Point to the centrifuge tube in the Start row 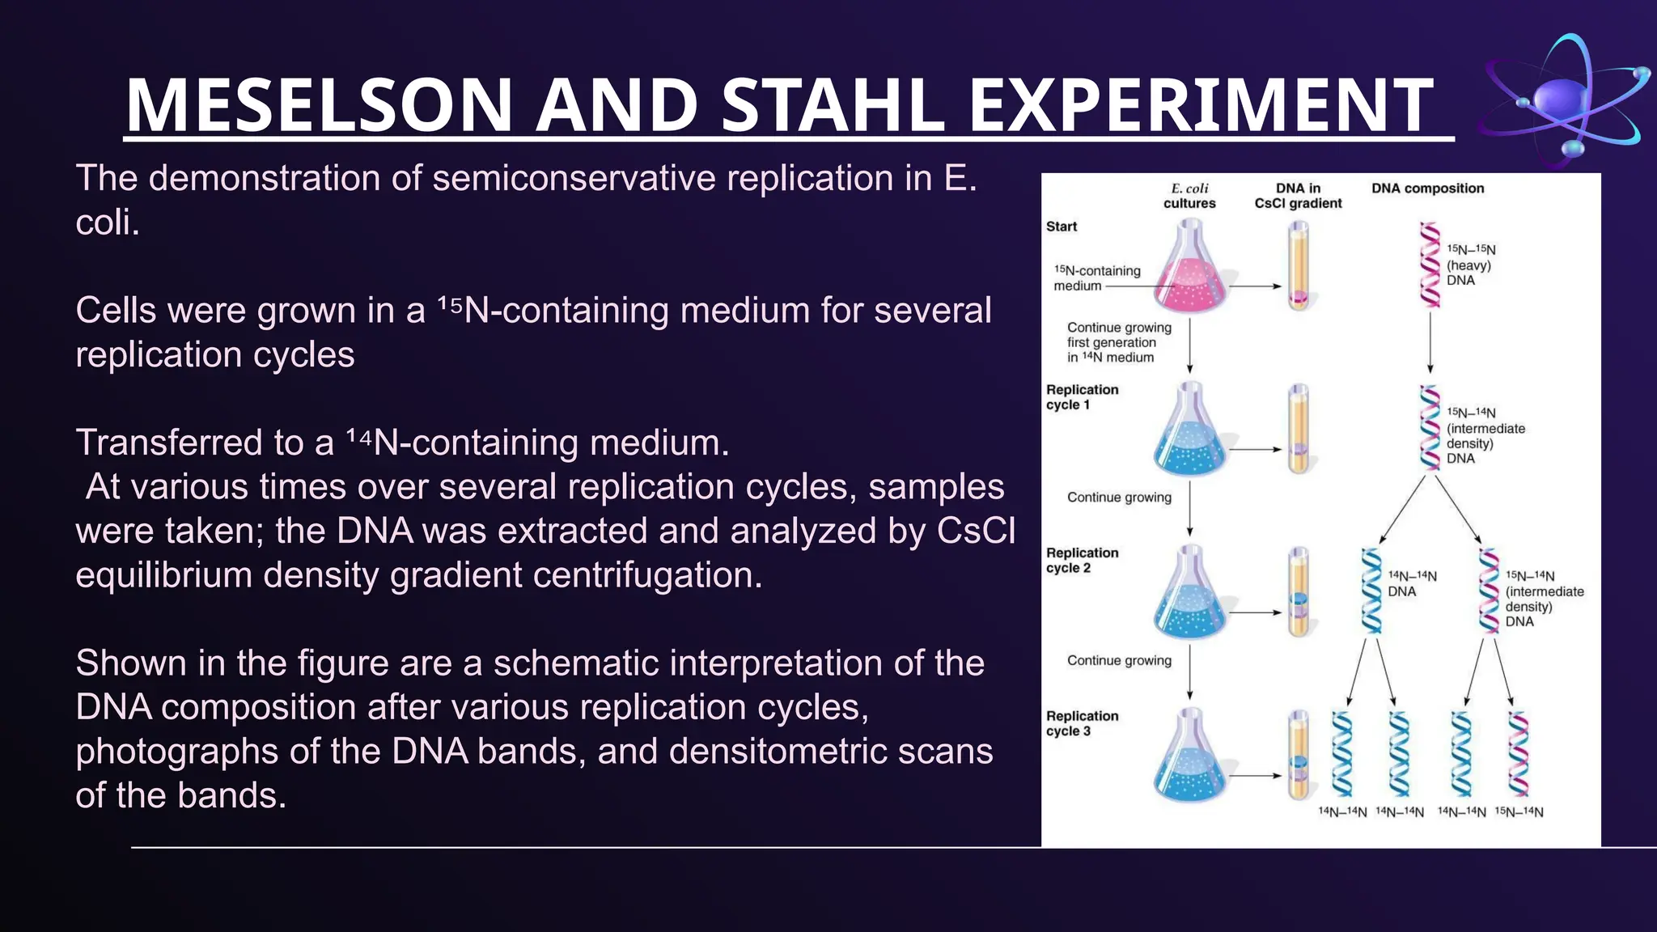[1298, 267]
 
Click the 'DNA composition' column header [1427, 189]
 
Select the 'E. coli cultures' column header [1189, 196]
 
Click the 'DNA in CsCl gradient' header [1298, 196]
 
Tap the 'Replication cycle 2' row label [1082, 560]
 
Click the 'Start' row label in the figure [1061, 227]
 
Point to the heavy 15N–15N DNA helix [1430, 265]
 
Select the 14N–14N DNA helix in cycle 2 [1371, 591]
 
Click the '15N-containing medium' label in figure [1096, 277]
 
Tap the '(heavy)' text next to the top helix [1468, 265]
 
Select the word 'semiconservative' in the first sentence [574, 178]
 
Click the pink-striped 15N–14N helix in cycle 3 [1519, 754]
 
